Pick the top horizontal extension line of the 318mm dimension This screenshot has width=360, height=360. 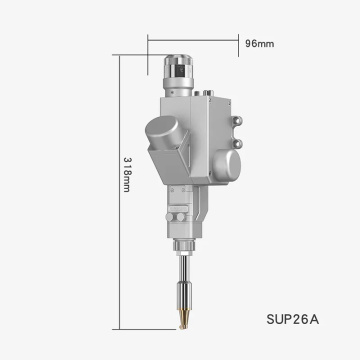tap(135, 54)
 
